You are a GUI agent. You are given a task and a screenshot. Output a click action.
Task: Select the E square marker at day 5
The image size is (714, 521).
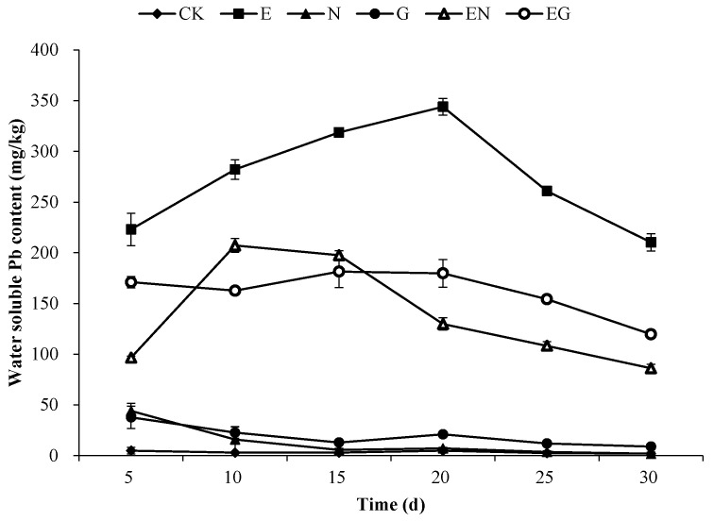click(131, 229)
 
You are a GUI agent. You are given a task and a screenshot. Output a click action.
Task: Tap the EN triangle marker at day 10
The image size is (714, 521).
click(234, 245)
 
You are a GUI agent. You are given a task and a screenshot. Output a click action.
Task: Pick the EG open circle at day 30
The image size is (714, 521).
click(651, 334)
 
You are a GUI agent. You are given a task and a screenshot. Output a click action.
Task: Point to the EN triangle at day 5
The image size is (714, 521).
click(131, 358)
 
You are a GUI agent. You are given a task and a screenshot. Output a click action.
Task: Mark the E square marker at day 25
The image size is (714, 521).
click(547, 191)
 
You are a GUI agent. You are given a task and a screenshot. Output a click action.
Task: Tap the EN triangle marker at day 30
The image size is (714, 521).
click(651, 368)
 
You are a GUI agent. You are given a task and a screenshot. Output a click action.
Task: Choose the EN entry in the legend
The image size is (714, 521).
click(448, 14)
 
